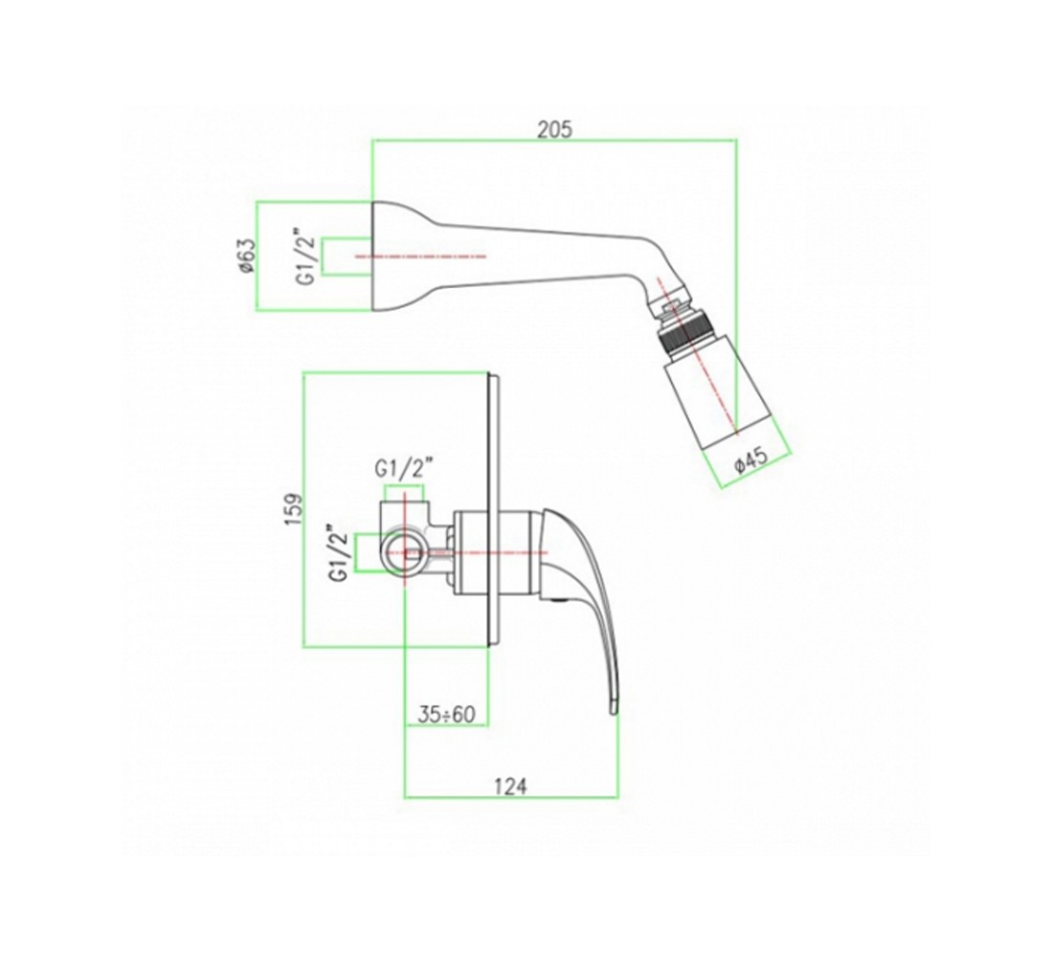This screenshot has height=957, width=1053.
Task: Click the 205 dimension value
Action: click(554, 128)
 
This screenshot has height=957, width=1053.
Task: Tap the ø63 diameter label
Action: click(246, 256)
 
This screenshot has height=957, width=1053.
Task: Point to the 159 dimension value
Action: click(294, 510)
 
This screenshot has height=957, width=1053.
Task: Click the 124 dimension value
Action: click(511, 786)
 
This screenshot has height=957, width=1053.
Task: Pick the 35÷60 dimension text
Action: click(447, 715)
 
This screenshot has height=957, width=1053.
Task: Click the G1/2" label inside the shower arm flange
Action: click(306, 256)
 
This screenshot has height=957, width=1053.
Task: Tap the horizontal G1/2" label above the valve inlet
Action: click(404, 468)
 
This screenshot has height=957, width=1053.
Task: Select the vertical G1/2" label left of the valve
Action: click(339, 553)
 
